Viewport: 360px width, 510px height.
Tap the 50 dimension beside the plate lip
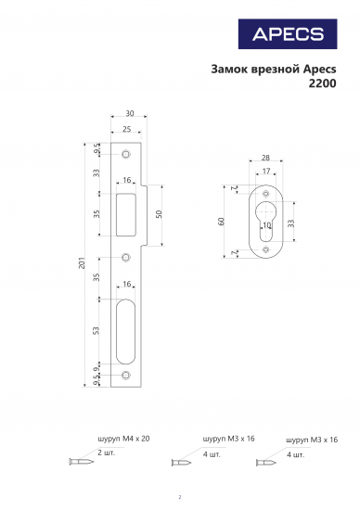click(159, 213)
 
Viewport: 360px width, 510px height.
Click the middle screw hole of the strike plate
click(126, 257)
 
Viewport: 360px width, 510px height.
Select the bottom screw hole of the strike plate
click(126, 376)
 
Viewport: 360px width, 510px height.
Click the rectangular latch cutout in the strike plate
click(126, 214)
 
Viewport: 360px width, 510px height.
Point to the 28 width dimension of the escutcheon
click(265, 159)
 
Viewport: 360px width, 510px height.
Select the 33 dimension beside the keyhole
click(291, 223)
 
